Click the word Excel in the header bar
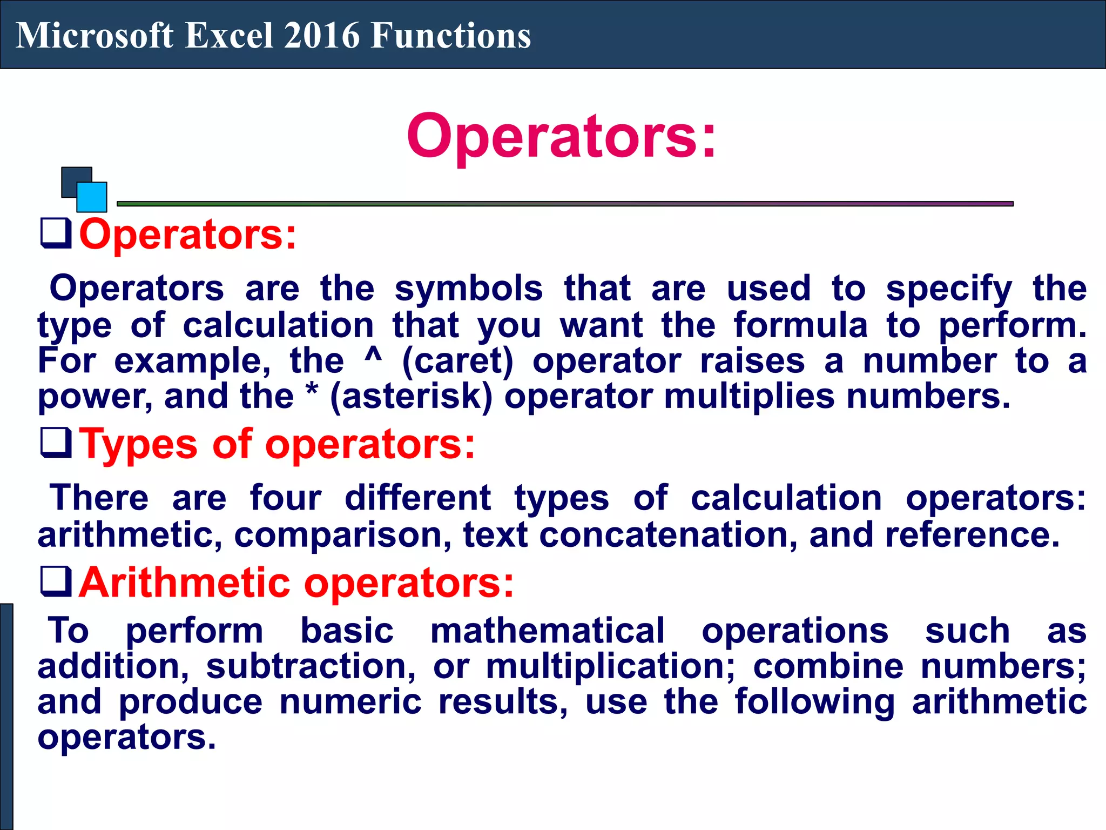pyautogui.click(x=229, y=36)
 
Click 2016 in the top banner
pyautogui.click(x=322, y=36)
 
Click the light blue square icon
pyautogui.click(x=92, y=197)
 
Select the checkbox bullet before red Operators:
pyautogui.click(x=56, y=233)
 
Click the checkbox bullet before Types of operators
pyautogui.click(x=56, y=443)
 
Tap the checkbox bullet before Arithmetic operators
pyautogui.click(x=56, y=581)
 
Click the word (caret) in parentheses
pyautogui.click(x=458, y=361)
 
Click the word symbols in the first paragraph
pyautogui.click(x=468, y=289)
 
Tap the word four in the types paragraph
pyautogui.click(x=286, y=498)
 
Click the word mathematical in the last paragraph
pyautogui.click(x=547, y=631)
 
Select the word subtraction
pyautogui.click(x=311, y=666)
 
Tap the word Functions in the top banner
pyautogui.click(x=451, y=36)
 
